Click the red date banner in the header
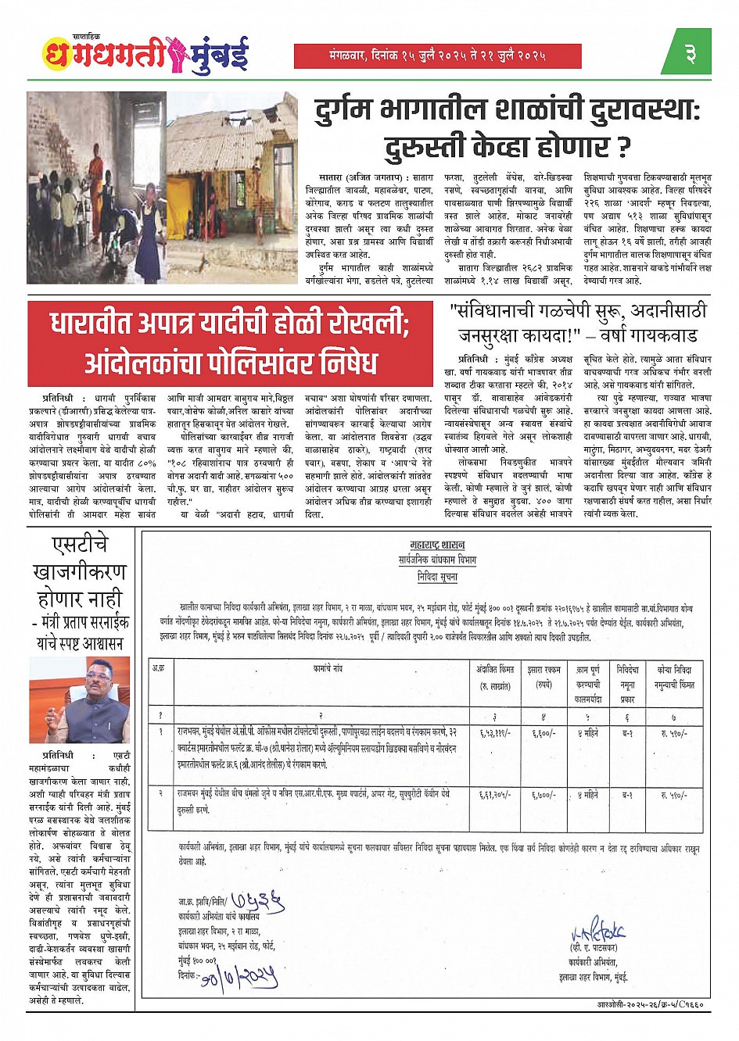click(x=437, y=55)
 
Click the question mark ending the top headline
click(x=622, y=146)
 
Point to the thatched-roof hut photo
click(x=232, y=188)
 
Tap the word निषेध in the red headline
click(x=341, y=363)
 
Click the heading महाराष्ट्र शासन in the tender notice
click(x=436, y=544)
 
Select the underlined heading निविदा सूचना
click(x=436, y=577)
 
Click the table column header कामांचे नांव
click(x=328, y=670)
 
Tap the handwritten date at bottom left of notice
click(x=239, y=976)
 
